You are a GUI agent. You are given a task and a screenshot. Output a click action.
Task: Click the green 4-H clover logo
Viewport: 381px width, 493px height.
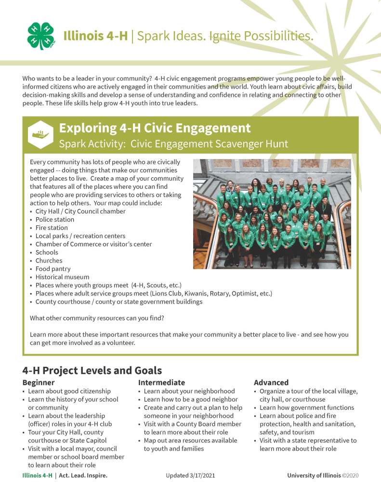point(41,36)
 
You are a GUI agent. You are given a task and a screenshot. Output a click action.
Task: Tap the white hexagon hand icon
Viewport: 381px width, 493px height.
point(40,134)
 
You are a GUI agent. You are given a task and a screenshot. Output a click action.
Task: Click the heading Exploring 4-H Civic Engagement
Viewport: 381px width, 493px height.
point(155,128)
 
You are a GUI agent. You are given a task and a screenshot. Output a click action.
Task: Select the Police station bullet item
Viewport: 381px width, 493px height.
point(55,219)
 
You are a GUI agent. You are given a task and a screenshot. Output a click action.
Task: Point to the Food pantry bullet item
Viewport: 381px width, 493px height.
point(53,269)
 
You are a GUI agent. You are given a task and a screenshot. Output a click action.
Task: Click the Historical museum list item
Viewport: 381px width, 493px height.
point(62,277)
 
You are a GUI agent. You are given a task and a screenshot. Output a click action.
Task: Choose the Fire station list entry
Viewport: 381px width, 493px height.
point(52,227)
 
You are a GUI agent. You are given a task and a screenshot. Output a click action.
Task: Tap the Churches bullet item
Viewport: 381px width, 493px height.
point(49,261)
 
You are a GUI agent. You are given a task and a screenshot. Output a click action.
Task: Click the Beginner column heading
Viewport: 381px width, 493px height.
point(39,382)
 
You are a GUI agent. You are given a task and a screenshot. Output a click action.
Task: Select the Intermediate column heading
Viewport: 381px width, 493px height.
point(161,382)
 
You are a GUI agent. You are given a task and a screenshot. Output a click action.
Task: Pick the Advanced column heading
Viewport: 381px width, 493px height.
point(271,382)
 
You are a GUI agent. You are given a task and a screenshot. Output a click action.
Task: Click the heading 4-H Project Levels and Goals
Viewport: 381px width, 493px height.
point(92,371)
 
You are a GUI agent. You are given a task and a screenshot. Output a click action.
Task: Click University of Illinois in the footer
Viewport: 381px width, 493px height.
point(314,476)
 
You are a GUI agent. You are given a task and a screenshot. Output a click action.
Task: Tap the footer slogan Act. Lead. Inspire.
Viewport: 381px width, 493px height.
point(83,476)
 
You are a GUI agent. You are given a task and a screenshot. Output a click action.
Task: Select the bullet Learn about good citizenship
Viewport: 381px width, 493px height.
point(69,391)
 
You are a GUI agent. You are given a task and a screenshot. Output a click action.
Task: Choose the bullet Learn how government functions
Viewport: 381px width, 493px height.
point(307,407)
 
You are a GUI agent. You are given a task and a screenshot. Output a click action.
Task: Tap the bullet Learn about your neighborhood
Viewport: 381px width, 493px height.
point(189,391)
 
